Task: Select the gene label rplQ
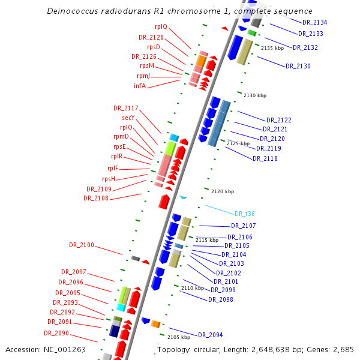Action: pyautogui.click(x=161, y=26)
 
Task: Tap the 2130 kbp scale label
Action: pyautogui.click(x=255, y=95)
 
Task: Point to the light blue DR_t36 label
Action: pyautogui.click(x=245, y=214)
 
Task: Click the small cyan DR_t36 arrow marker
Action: pyautogui.click(x=184, y=197)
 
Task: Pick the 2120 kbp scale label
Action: pyautogui.click(x=222, y=191)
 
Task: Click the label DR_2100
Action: pyautogui.click(x=82, y=245)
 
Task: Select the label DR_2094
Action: pyautogui.click(x=211, y=335)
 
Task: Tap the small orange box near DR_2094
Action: pyautogui.click(x=155, y=324)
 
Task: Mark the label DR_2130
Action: pyautogui.click(x=298, y=66)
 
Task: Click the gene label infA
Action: pyautogui.click(x=140, y=86)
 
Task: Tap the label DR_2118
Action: pyautogui.click(x=265, y=158)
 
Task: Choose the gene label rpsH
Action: pyautogui.click(x=109, y=179)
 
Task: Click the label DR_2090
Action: pyautogui.click(x=56, y=333)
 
